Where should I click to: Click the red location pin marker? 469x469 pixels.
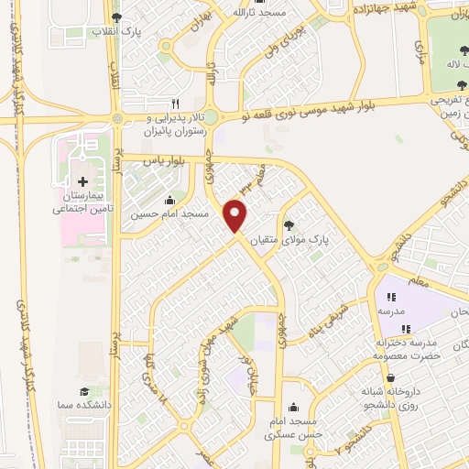(236, 216)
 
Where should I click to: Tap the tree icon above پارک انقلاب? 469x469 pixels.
(115, 17)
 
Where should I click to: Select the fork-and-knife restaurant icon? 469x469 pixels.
(175, 104)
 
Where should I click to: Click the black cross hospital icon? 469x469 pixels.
(83, 181)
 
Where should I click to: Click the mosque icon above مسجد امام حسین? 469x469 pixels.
(169, 201)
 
